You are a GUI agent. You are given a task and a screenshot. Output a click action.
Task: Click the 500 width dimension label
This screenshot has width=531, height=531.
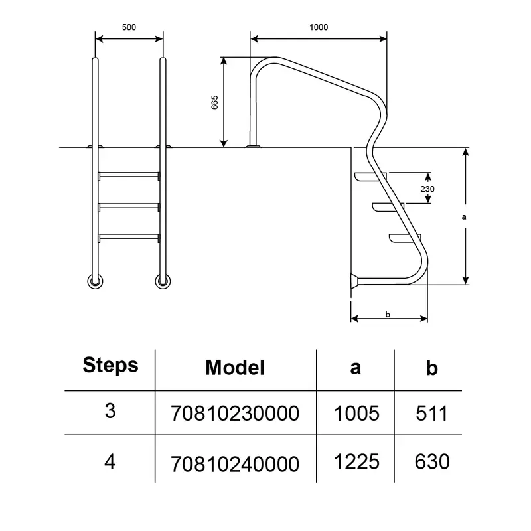pos(129,27)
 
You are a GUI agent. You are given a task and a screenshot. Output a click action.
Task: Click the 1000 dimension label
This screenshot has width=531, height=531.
pos(319,27)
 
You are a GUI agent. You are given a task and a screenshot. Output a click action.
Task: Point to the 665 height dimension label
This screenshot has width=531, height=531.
pos(214,102)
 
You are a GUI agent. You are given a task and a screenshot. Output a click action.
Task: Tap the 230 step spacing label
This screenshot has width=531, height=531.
pos(427,189)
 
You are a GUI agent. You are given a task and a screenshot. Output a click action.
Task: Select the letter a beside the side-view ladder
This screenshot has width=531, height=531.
pos(464,217)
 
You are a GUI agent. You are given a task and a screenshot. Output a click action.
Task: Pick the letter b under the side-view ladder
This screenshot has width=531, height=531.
pos(388,314)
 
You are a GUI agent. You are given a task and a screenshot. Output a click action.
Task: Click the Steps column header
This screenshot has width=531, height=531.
pos(110,366)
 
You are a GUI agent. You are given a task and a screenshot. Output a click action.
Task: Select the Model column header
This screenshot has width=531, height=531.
pos(235,368)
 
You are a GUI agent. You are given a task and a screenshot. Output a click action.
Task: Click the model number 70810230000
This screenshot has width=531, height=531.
pos(235,414)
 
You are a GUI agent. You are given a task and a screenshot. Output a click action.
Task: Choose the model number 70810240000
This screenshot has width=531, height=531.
pos(235,464)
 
